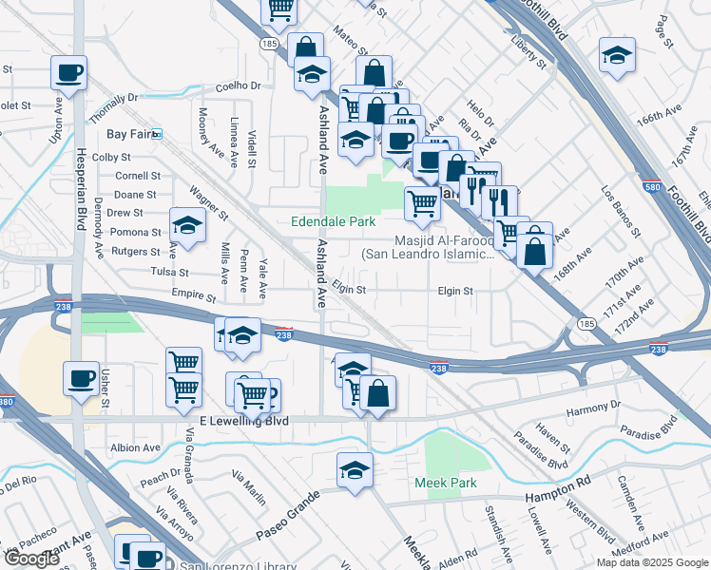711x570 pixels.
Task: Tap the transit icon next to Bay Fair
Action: [158, 135]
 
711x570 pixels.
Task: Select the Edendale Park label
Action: [334, 221]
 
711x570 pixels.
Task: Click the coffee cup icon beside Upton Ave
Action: [69, 72]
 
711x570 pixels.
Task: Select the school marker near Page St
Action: [617, 54]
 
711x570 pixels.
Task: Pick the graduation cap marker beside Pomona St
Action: [187, 225]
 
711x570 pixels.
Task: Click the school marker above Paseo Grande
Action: [355, 469]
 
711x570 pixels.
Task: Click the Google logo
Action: [31, 559]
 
